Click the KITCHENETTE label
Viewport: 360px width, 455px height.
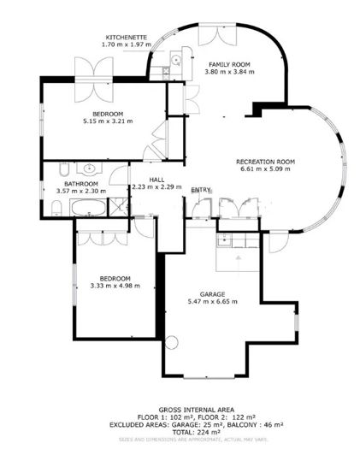(126, 38)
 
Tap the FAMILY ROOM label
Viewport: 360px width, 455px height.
(228, 63)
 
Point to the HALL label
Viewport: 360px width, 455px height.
(155, 179)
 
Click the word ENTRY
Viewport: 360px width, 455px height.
(201, 190)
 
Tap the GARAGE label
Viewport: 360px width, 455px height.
(212, 293)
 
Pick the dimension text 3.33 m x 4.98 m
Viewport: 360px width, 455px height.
(115, 287)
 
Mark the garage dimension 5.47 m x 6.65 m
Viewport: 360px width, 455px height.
(212, 301)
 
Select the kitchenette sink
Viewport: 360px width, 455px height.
(174, 60)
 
